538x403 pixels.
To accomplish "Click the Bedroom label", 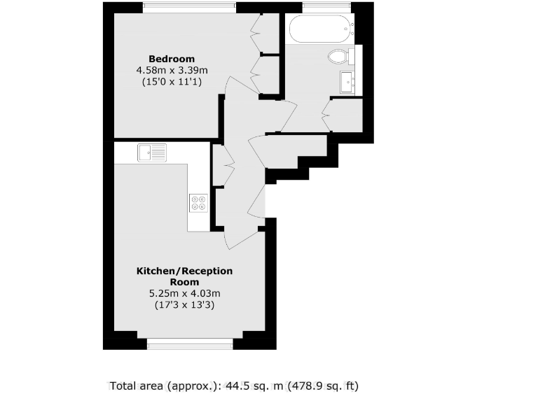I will [171, 59].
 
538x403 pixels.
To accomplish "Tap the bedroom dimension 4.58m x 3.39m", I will [172, 70].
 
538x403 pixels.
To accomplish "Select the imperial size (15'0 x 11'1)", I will [172, 81].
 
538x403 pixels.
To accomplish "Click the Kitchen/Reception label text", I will [184, 276].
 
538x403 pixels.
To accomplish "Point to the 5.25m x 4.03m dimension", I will [184, 293].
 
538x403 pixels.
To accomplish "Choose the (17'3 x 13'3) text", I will [184, 305].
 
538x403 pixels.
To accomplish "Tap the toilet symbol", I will [338, 56].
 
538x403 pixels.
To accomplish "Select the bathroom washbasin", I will [347, 81].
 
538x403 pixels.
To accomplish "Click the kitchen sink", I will [152, 152].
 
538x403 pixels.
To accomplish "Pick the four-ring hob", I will [198, 202].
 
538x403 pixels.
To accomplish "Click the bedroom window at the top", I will [189, 8].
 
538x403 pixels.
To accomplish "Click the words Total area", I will [137, 386].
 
